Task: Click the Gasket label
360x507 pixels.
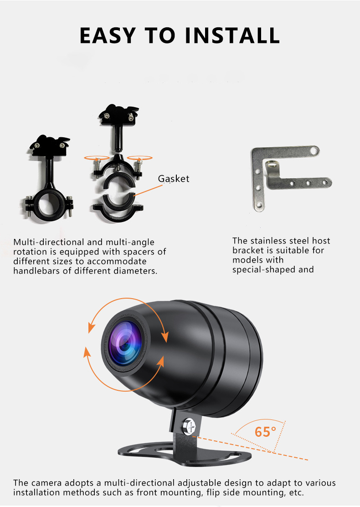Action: (174, 178)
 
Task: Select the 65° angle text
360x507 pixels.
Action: (265, 431)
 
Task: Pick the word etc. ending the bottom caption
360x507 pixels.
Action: (295, 492)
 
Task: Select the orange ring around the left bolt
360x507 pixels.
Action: (97, 158)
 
